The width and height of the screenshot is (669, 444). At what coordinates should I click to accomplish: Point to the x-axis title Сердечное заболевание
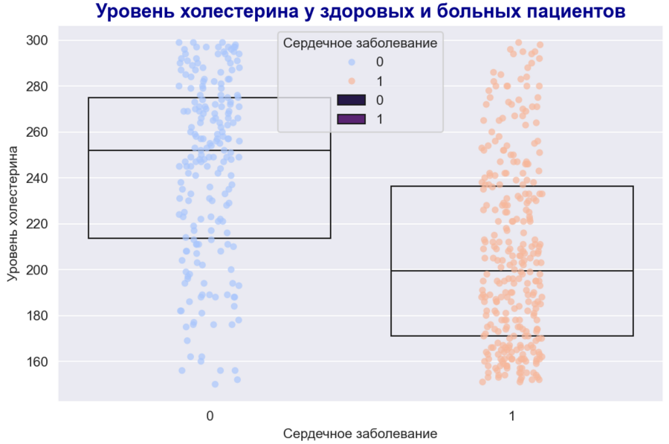tap(360, 433)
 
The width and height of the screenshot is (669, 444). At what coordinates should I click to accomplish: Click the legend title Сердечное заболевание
tap(360, 43)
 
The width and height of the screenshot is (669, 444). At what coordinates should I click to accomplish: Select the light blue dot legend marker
tap(351, 62)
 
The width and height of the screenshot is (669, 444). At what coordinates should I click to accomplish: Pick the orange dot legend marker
tap(351, 80)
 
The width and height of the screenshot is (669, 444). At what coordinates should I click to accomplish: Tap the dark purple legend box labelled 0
tap(351, 100)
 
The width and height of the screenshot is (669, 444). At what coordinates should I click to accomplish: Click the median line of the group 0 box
tap(210, 150)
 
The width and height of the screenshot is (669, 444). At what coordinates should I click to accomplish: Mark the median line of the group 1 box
tap(511, 271)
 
